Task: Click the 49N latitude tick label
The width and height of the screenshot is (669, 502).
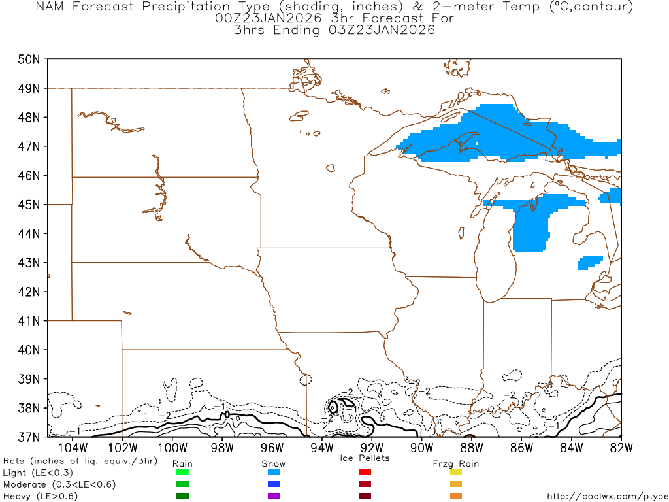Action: point(30,88)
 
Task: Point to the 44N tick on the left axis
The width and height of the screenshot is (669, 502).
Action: point(30,233)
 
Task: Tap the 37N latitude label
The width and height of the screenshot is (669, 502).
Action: point(30,437)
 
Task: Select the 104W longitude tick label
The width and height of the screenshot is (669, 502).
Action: point(73,448)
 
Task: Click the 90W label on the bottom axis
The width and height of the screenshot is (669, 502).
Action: point(421,448)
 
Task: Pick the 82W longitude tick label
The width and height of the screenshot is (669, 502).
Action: point(621,448)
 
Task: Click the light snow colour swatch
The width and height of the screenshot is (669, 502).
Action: point(274,473)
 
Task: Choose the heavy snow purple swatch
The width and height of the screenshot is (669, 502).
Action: point(274,496)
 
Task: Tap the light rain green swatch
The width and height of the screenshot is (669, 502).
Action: point(182,473)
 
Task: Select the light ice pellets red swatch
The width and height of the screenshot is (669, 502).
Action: point(365,473)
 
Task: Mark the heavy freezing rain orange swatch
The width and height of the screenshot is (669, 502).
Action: point(456,496)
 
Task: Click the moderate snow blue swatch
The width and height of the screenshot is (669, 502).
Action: point(274,484)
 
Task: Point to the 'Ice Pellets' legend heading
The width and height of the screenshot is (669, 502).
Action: point(365,458)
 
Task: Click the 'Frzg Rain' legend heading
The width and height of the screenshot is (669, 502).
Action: point(456,463)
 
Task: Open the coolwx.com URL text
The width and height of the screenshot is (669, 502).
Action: point(607,497)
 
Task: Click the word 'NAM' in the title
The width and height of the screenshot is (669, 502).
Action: point(50,7)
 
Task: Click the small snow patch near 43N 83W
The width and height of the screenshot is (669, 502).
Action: point(589,261)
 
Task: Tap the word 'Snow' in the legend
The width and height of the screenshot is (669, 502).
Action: point(274,463)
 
